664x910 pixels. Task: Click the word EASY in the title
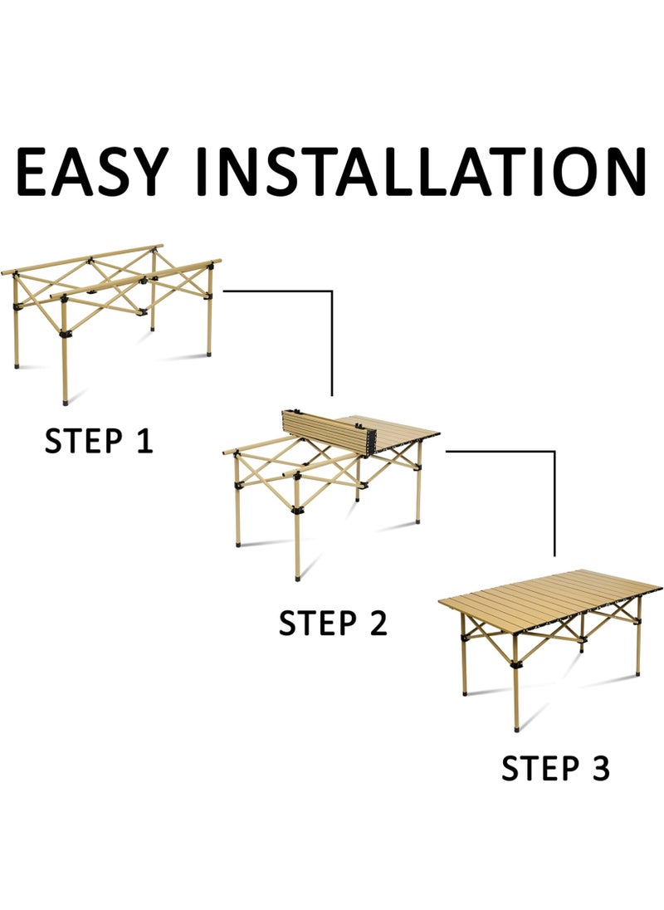[91, 171]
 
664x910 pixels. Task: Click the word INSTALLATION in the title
[421, 171]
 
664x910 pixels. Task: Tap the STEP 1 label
[99, 441]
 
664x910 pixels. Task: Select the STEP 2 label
[333, 623]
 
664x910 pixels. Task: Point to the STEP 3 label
[555, 768]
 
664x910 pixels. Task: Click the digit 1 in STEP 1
[144, 441]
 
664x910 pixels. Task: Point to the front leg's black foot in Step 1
[65, 400]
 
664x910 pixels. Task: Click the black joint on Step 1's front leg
[65, 335]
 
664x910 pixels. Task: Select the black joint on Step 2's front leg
[298, 510]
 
